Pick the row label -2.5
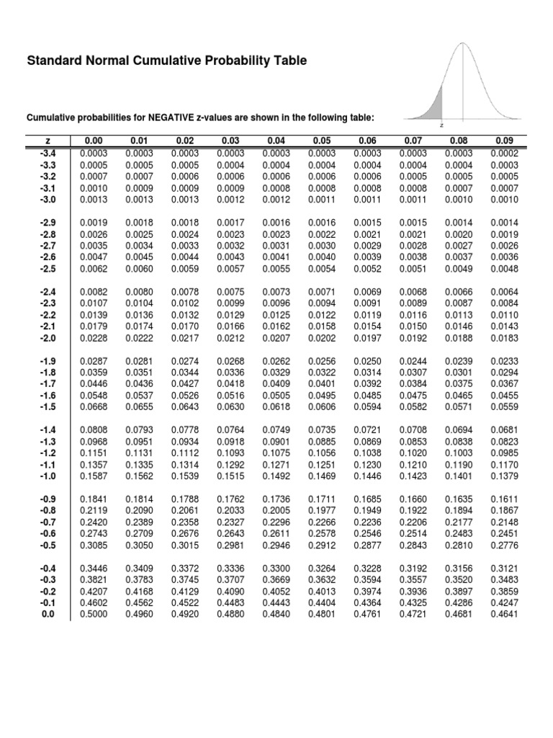(x=47, y=269)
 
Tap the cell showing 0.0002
(x=504, y=154)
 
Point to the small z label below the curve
(x=441, y=125)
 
